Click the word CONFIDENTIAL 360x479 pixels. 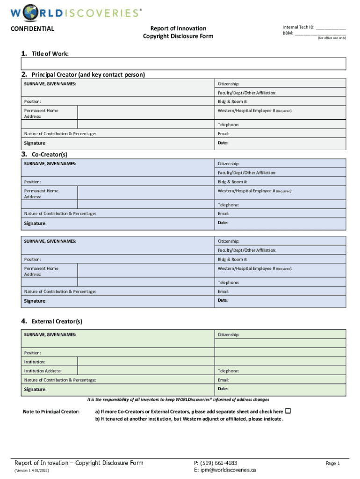tap(32, 29)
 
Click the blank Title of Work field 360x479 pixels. tap(183, 64)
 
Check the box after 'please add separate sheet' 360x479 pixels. tap(288, 411)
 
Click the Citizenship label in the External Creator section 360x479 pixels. tap(229, 335)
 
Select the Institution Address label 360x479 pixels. tap(43, 371)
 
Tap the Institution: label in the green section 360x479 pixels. tap(35, 362)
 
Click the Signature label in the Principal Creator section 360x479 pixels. tap(35, 143)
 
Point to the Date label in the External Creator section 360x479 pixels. tap(223, 389)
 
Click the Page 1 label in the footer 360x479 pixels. tap(333, 463)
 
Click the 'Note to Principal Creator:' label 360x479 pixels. tap(51, 412)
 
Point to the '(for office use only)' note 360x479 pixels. tap(332, 37)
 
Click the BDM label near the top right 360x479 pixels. tap(288, 33)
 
